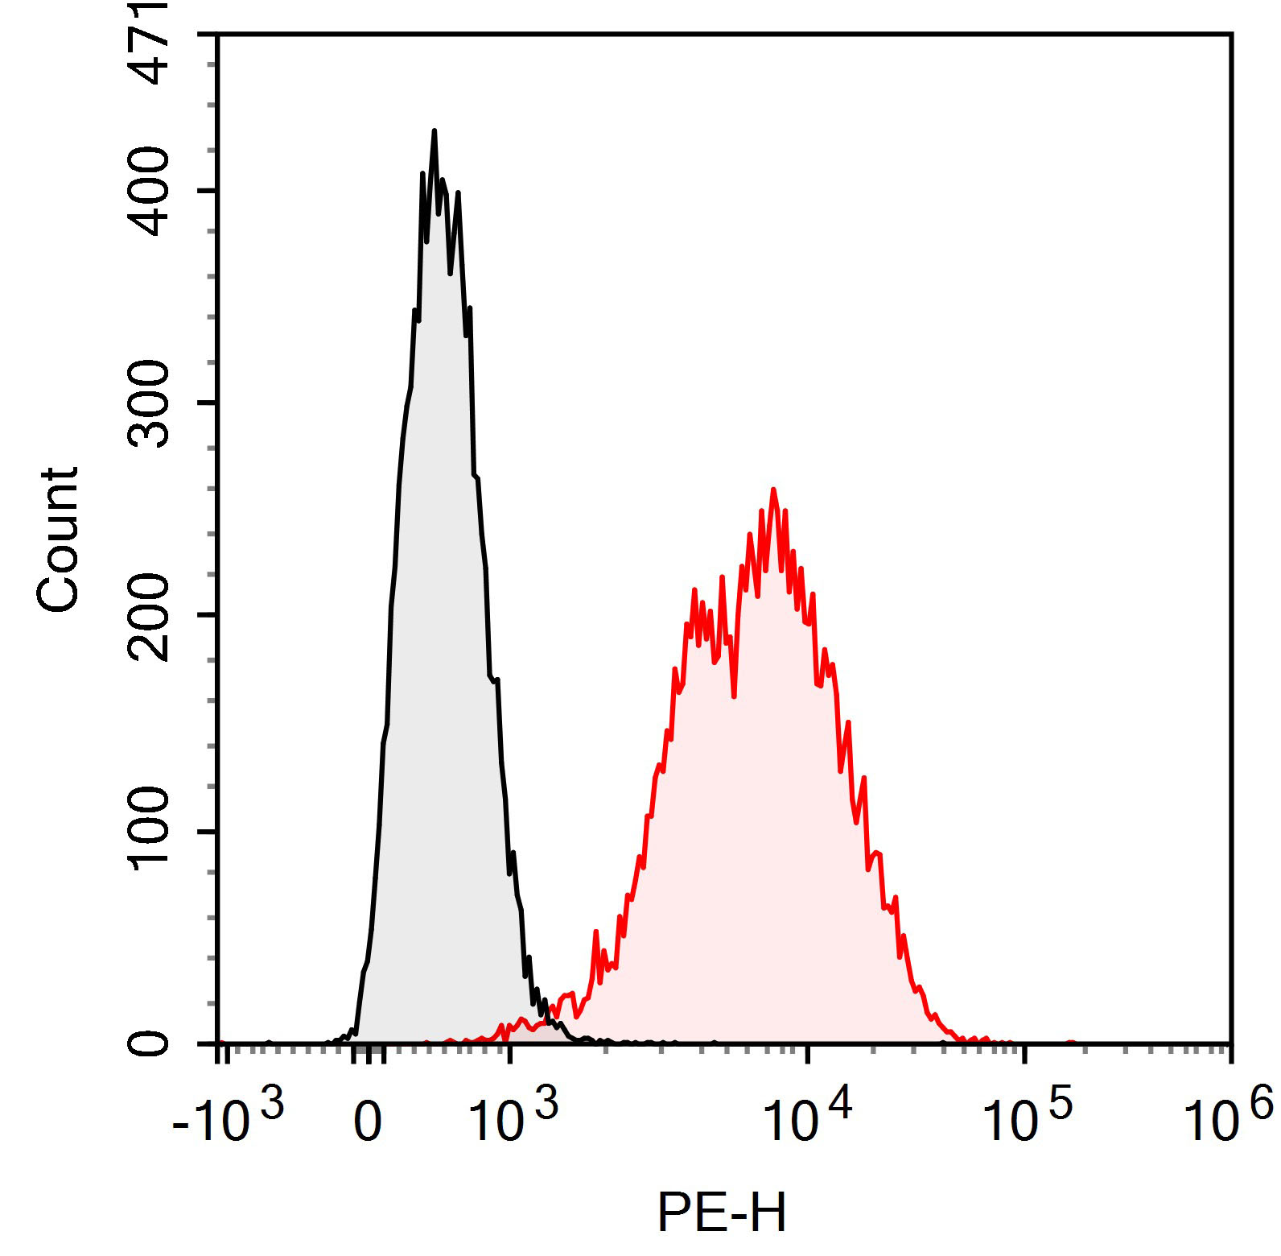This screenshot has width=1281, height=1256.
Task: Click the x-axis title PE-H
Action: pos(721,1213)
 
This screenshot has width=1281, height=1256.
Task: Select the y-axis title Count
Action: pos(58,539)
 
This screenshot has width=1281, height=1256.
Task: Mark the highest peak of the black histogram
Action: pos(434,130)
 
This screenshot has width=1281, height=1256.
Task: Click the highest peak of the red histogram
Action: pos(773,490)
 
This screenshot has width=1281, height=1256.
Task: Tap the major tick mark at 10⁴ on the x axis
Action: pos(809,1052)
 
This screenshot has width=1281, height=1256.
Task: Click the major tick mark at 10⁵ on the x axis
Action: pos(1024,1052)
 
